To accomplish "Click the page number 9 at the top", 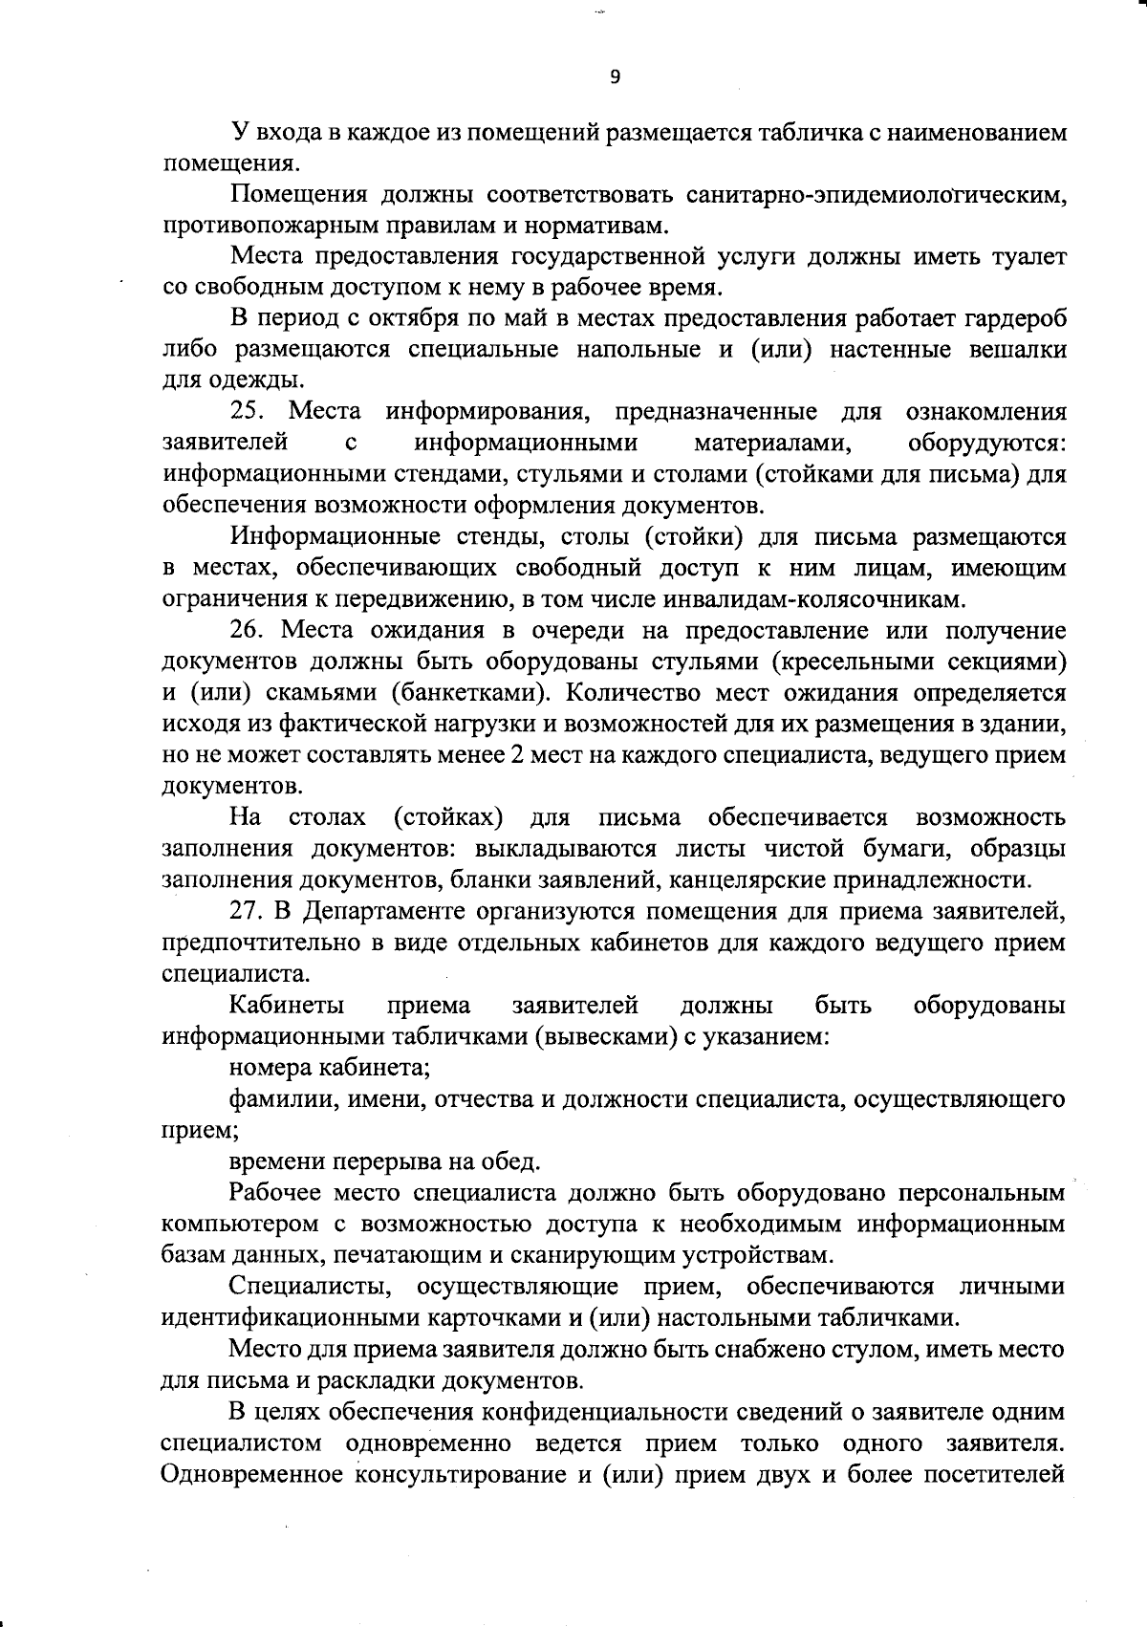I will (615, 78).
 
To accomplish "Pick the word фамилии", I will (271, 1100).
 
